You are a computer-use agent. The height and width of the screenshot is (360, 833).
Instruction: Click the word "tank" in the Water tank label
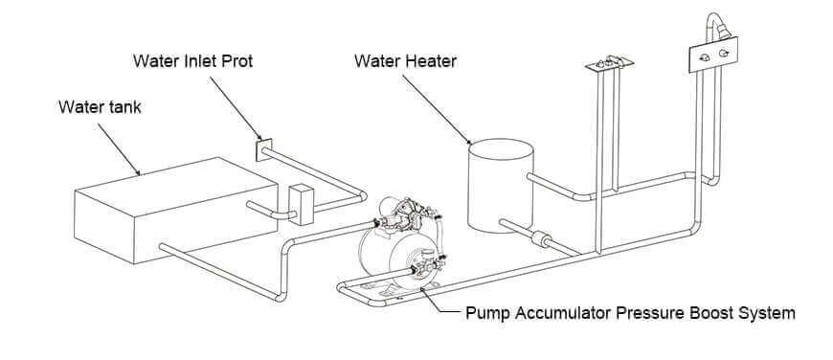point(123,107)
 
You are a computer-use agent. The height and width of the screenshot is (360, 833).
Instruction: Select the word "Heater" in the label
point(430,62)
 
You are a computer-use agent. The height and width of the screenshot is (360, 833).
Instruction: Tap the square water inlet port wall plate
point(264,151)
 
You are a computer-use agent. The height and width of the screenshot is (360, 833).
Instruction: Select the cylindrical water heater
point(499,187)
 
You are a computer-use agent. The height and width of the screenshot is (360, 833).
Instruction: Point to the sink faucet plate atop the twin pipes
point(609,65)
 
